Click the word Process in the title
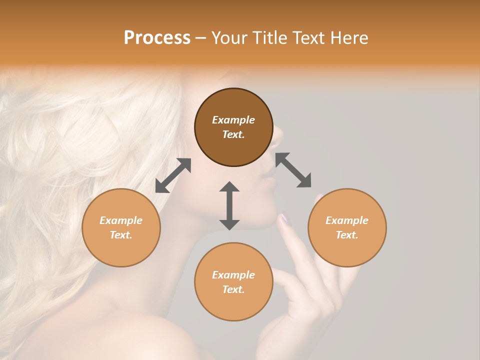click(x=157, y=38)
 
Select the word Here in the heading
click(x=350, y=38)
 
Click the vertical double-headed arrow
click(x=229, y=205)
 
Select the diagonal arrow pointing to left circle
click(x=173, y=175)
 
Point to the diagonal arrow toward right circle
click(x=293, y=170)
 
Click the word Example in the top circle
click(x=233, y=120)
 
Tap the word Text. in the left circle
click(x=121, y=235)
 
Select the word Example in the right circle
click(x=347, y=220)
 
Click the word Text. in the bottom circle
click(x=233, y=289)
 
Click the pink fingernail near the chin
click(x=284, y=218)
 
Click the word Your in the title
click(x=228, y=38)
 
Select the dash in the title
click(x=201, y=38)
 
